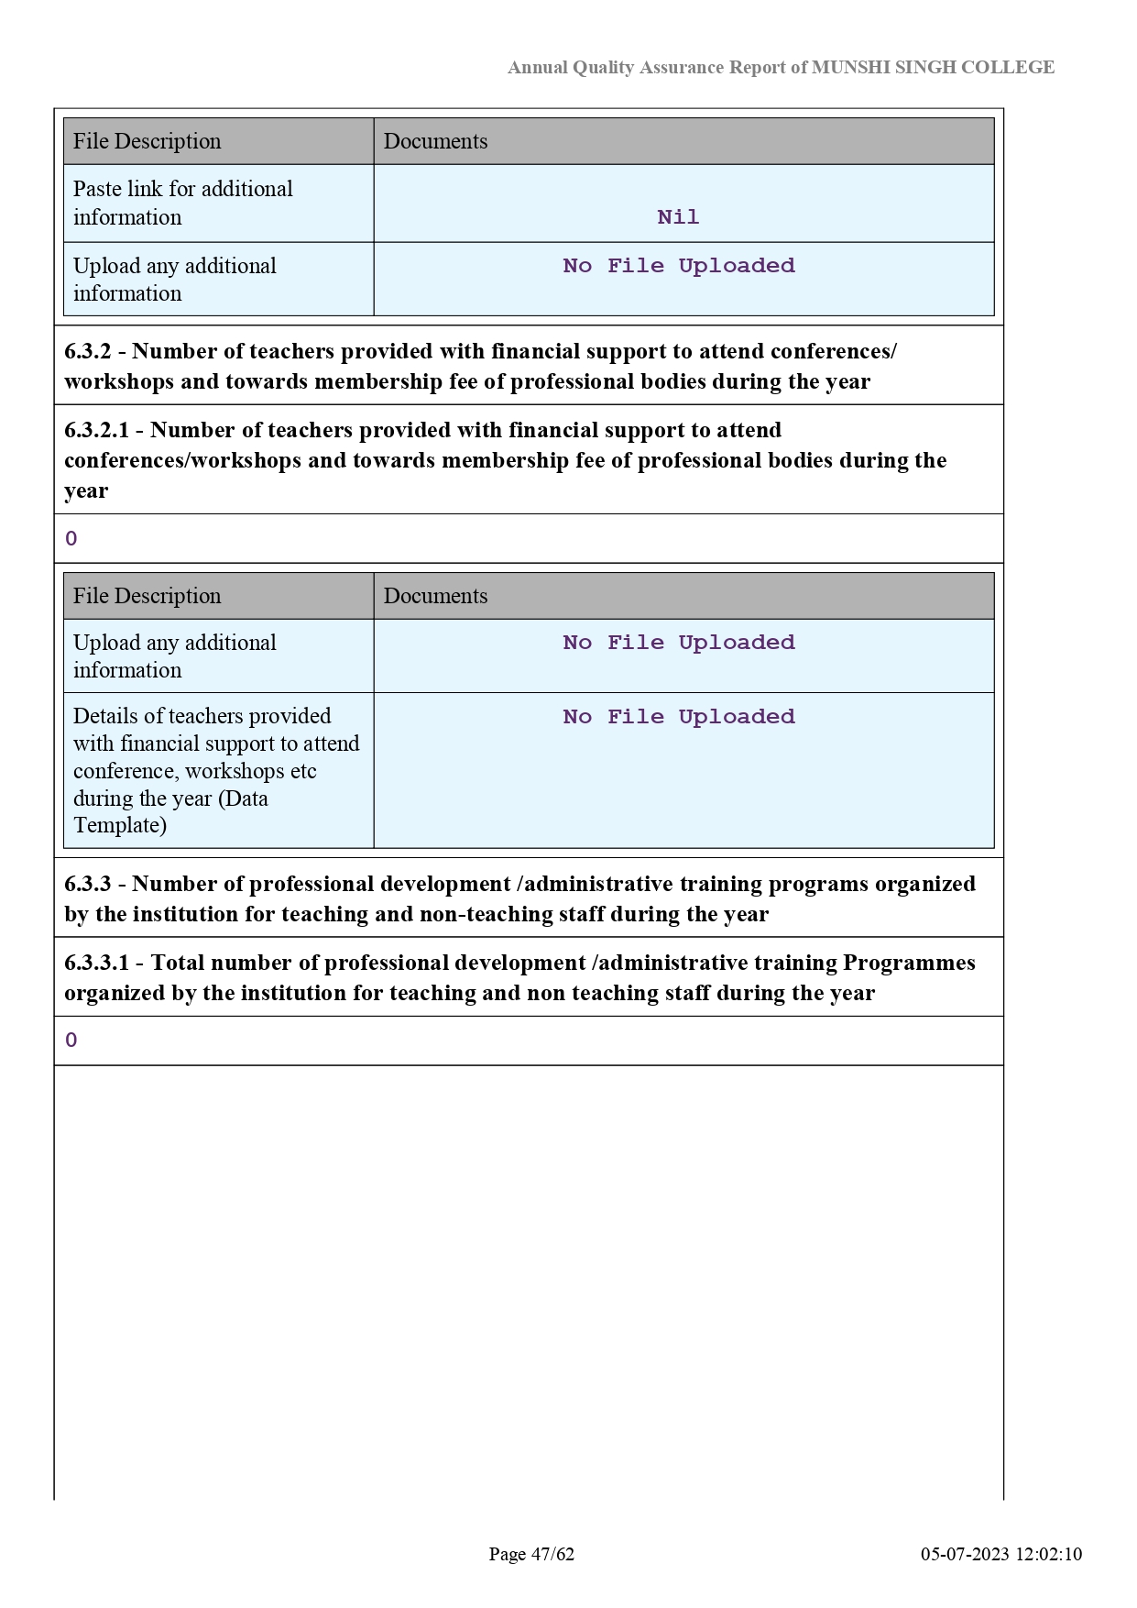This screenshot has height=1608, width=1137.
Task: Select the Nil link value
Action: coord(678,217)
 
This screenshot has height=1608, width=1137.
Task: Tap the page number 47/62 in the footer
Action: coord(552,1554)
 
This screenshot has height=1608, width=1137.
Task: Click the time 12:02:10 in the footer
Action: coord(1050,1554)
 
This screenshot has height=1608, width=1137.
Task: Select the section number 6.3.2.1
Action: coord(96,430)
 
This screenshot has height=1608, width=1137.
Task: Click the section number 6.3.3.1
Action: coord(96,963)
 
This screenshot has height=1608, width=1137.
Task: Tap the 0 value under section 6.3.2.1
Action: coord(71,539)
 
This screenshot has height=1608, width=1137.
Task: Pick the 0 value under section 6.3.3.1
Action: coord(71,1041)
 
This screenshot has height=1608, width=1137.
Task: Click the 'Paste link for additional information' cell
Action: coord(182,203)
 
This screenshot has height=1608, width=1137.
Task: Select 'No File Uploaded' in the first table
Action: coord(678,266)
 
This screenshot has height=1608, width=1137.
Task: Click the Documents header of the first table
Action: coord(435,141)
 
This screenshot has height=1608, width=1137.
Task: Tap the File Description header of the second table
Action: coord(147,596)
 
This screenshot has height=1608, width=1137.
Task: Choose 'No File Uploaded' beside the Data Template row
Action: coord(678,717)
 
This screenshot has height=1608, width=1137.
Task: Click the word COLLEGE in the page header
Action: coord(1008,67)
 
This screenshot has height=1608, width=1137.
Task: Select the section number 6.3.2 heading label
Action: coord(88,351)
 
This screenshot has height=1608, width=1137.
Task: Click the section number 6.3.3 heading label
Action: coord(88,884)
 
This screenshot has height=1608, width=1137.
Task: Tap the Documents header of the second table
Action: coord(435,596)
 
